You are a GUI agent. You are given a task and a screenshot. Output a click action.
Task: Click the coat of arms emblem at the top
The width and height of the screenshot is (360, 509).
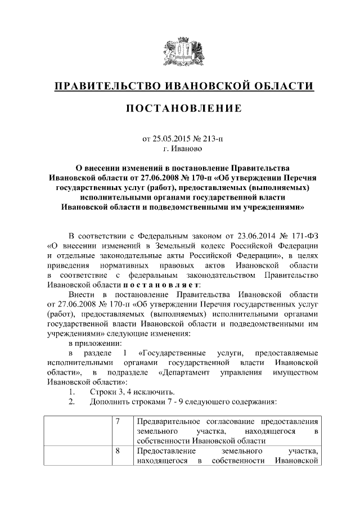(179, 53)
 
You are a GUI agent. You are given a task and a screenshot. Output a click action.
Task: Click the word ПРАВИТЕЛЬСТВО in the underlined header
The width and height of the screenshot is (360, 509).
(103, 87)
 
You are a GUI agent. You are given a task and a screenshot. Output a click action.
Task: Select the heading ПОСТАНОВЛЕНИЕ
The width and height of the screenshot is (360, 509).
(179, 108)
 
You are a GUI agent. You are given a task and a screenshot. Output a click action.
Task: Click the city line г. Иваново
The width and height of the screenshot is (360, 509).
(179, 149)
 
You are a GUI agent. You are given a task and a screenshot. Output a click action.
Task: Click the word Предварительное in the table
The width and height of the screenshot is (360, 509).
(171, 422)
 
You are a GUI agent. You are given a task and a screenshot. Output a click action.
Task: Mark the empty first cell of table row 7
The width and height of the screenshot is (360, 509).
(76, 431)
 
